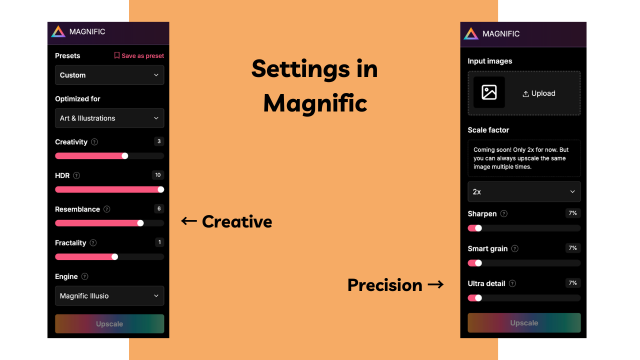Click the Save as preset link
(139, 55)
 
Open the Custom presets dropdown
(109, 75)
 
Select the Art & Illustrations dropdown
(109, 118)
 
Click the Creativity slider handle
(125, 156)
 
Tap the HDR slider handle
(160, 189)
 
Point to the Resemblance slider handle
(140, 223)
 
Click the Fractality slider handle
(114, 257)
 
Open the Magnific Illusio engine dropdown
(109, 296)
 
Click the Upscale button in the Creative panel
(109, 324)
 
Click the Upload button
(538, 93)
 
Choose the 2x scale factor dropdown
(524, 191)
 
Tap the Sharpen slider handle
(478, 228)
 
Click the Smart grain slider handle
(478, 263)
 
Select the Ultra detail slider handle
(478, 298)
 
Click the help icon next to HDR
(76, 175)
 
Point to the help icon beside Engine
(85, 276)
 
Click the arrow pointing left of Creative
(188, 221)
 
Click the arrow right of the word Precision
(435, 285)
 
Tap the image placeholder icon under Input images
(489, 92)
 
